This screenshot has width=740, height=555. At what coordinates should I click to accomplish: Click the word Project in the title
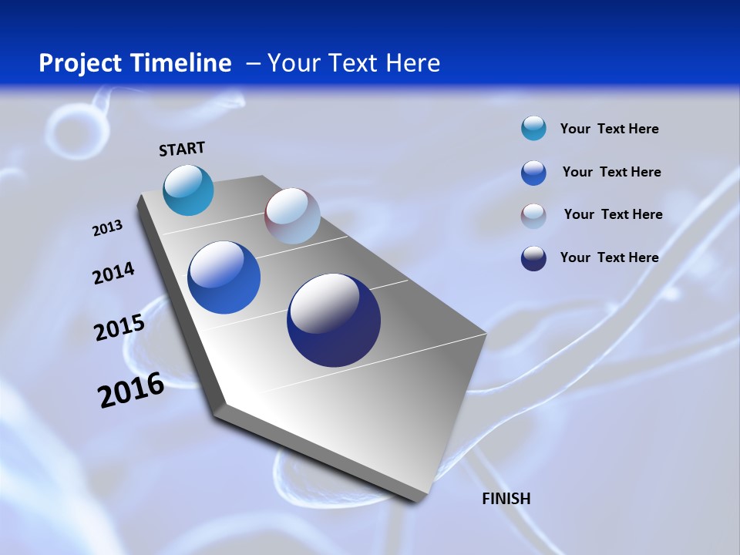(77, 63)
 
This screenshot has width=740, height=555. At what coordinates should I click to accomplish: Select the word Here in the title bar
(412, 63)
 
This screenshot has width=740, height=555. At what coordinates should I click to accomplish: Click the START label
(182, 149)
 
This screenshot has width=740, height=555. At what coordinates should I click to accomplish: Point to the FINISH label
(506, 499)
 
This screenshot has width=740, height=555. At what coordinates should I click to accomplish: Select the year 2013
(107, 228)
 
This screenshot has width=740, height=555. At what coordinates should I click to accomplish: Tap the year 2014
(113, 273)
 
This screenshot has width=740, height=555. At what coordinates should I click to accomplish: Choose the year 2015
(119, 328)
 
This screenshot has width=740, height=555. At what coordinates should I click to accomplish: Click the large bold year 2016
(131, 390)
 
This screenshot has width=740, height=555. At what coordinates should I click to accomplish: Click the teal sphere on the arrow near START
(188, 190)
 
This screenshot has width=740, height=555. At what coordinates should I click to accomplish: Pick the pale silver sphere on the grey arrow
(292, 216)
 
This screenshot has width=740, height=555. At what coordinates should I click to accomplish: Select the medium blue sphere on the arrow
(224, 277)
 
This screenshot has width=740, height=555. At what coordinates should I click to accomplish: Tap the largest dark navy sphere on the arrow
(334, 320)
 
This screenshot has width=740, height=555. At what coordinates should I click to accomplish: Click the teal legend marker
(533, 129)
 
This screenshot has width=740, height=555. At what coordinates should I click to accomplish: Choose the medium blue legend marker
(533, 173)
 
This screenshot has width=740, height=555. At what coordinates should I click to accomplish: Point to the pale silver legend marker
(533, 215)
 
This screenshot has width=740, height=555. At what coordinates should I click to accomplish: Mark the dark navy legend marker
(533, 258)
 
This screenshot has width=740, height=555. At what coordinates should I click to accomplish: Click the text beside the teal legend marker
(609, 129)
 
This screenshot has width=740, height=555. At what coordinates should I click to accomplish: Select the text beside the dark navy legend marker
(609, 257)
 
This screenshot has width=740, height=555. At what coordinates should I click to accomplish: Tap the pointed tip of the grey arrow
(420, 497)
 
